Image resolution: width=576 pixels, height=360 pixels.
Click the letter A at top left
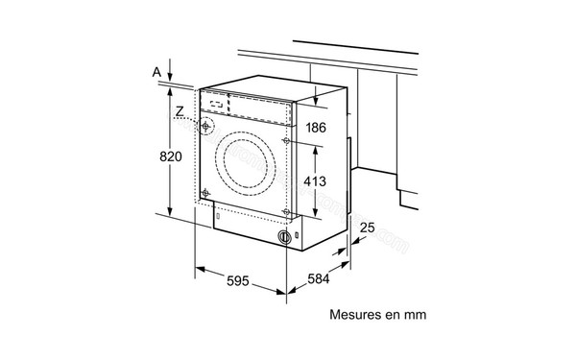156,69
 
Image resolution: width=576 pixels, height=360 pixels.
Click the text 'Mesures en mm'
377,314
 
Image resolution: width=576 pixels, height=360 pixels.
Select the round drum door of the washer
246,155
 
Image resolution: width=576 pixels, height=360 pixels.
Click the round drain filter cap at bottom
283,236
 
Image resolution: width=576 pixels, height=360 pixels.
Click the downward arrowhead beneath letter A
169,81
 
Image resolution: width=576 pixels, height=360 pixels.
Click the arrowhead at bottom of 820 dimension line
169,215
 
